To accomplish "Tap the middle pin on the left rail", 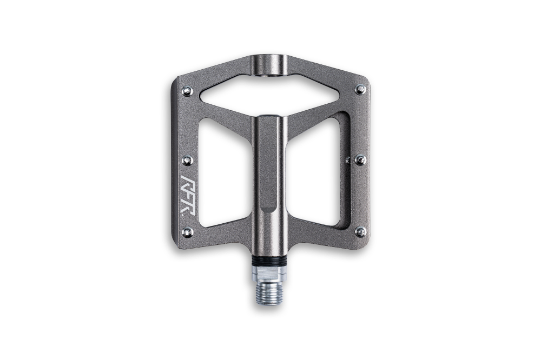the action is pyautogui.click(x=187, y=160).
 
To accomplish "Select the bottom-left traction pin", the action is pyautogui.click(x=187, y=232).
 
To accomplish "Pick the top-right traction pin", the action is pyautogui.click(x=361, y=90).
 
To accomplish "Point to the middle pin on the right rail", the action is pyautogui.click(x=360, y=159).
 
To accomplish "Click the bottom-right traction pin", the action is pyautogui.click(x=360, y=231).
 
